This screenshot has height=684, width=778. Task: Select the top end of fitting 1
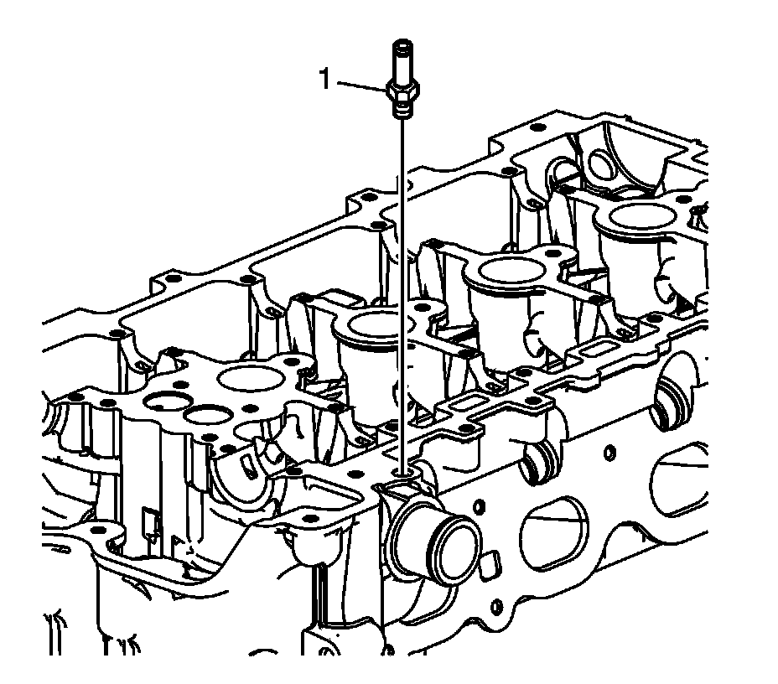pyautogui.click(x=402, y=44)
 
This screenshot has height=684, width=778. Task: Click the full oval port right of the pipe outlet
pyautogui.click(x=554, y=537)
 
